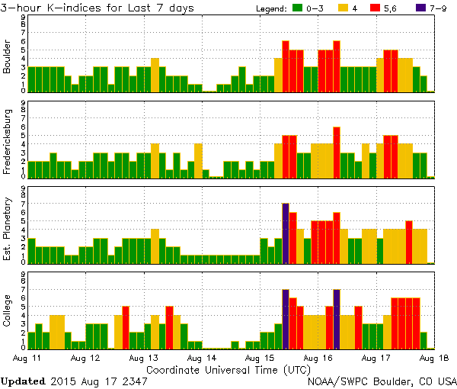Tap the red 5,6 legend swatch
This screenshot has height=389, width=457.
point(375,8)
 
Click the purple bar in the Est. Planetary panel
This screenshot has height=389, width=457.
point(286,233)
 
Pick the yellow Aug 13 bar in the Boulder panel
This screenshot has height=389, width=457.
point(155,75)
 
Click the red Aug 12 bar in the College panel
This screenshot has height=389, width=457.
point(126,327)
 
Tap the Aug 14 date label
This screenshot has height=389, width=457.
point(197,357)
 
